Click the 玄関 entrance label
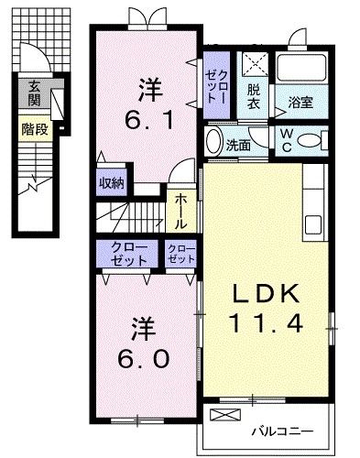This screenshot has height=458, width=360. (x=35, y=93)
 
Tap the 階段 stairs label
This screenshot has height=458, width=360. (x=35, y=129)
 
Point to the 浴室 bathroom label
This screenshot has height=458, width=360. (x=300, y=104)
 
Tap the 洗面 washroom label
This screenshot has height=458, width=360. (x=239, y=144)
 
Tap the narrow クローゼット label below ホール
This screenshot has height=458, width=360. (x=180, y=254)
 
